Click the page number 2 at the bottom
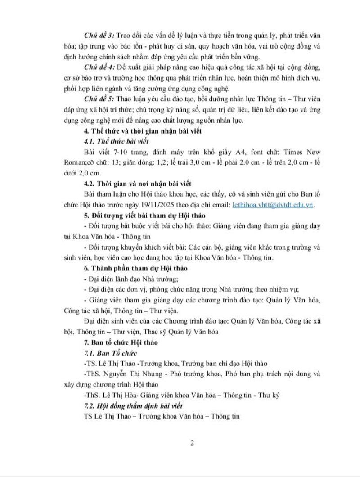192,443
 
